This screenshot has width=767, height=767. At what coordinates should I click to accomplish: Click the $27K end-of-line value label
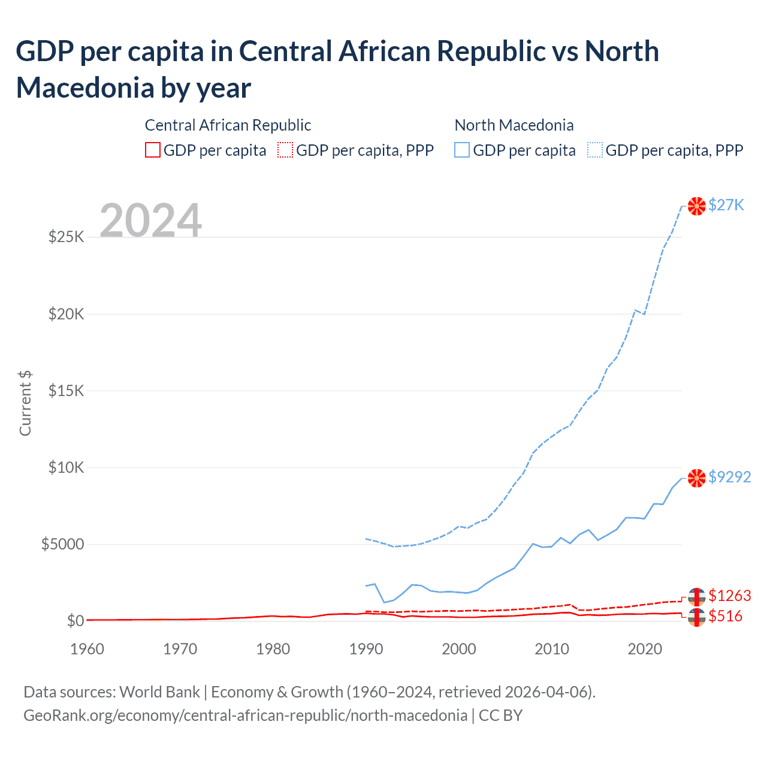point(726,205)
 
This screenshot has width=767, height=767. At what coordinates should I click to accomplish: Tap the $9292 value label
point(729,477)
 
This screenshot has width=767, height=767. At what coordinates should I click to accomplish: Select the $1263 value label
point(729,596)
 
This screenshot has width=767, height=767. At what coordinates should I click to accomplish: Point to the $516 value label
point(725,616)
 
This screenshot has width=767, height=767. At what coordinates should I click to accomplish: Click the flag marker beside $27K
point(696,206)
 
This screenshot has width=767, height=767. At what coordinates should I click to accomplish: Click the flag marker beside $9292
point(696,478)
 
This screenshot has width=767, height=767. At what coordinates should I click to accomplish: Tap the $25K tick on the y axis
point(66,237)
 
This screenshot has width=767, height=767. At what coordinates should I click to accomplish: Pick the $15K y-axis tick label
point(66,391)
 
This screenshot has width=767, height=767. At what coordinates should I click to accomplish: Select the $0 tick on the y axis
point(75,621)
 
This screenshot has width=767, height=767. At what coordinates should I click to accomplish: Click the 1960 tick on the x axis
point(87,649)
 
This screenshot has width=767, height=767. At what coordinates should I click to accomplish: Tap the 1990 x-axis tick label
point(366,649)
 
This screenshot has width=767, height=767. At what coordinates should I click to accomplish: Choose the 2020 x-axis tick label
point(644,649)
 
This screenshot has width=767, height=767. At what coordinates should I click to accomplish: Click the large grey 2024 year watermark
point(150,221)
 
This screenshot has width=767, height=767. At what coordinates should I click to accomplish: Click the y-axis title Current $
point(25,403)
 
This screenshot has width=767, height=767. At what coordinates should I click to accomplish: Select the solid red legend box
point(153,150)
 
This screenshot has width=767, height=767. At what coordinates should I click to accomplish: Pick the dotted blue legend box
point(595,150)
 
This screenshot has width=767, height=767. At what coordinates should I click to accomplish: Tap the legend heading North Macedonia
point(514,125)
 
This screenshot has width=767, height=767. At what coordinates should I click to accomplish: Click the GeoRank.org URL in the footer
point(245,715)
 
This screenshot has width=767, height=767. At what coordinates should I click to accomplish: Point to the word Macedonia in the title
point(84,88)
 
